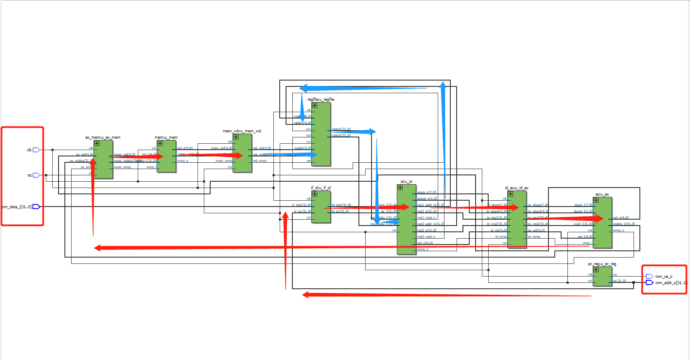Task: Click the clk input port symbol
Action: click(x=36, y=150)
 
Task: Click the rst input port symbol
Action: click(x=36, y=175)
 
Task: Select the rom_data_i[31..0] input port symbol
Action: click(x=36, y=207)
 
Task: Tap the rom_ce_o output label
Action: click(x=663, y=277)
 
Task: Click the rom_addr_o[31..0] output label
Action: click(x=670, y=283)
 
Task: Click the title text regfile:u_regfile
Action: click(x=321, y=99)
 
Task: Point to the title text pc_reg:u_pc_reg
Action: click(x=602, y=264)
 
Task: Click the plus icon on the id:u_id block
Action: click(x=400, y=188)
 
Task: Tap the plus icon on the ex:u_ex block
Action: click(x=596, y=200)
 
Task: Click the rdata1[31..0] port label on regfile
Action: click(x=341, y=129)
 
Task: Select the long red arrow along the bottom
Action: click(x=447, y=295)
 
